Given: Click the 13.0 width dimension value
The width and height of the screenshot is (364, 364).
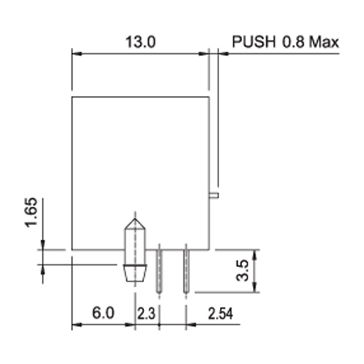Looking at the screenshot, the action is (x=141, y=42).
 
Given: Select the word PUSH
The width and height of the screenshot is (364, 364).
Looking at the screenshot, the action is (x=254, y=42).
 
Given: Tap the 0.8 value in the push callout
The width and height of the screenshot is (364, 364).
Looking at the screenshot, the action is (x=294, y=42).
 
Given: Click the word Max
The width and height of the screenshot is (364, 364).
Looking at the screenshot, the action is (x=324, y=42).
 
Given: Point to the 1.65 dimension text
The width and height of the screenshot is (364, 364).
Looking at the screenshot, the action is (x=32, y=213).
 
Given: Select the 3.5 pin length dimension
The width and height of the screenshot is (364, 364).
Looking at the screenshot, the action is (x=242, y=270).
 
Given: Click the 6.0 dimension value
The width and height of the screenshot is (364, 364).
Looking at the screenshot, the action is (x=104, y=313).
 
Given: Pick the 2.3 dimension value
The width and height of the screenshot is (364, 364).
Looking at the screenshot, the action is (x=146, y=314).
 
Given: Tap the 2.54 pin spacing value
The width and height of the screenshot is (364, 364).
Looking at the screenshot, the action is (x=220, y=314).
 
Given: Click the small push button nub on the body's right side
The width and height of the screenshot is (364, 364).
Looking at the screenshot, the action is (x=214, y=196).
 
